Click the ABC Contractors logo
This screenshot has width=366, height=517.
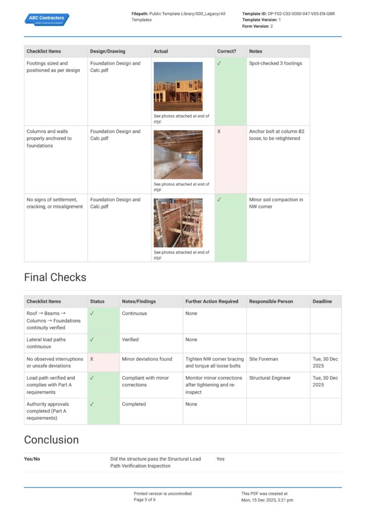coord(46,19)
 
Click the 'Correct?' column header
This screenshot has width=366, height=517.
coord(227,51)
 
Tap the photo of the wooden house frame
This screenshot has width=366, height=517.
coord(178,86)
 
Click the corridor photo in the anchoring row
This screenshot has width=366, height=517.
coord(178,154)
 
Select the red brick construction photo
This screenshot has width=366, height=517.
coord(178,223)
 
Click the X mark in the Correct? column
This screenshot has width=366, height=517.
coord(219,131)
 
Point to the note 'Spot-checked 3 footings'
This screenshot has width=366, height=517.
coord(275,64)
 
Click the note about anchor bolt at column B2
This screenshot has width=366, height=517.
coord(277,135)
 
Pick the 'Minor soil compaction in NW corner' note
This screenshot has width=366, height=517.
coord(276,203)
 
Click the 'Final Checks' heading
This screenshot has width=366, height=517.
coord(55,277)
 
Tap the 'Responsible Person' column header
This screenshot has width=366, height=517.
coord(271,301)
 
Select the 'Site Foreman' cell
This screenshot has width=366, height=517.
coord(263,359)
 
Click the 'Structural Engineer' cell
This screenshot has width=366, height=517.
coord(270,378)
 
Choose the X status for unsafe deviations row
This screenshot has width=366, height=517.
coord(92,359)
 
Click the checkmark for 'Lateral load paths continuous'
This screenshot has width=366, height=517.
coord(92,340)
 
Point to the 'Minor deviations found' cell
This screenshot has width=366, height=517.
coord(147,359)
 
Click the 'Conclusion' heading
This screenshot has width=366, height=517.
coord(51,440)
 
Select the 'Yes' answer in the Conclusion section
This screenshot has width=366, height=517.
coord(221,459)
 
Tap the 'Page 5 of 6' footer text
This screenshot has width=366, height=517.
coord(144,500)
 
